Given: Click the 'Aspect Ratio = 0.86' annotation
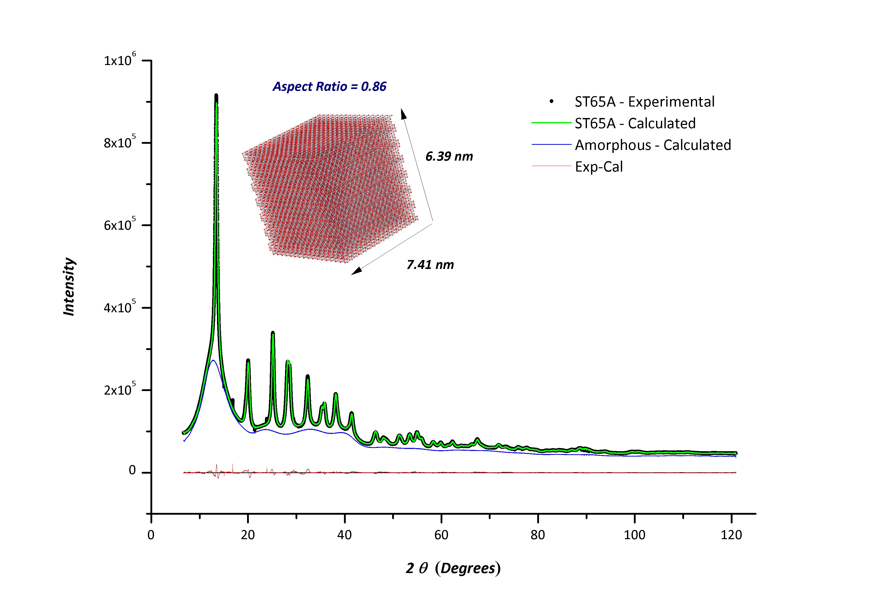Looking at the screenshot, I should [x=329, y=87].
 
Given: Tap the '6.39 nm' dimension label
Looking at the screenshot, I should [x=449, y=157].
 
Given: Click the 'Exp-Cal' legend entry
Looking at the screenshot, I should [x=599, y=167].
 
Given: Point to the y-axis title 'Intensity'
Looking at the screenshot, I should [x=69, y=287].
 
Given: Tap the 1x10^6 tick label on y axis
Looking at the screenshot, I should [x=119, y=60].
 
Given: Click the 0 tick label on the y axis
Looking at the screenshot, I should [x=132, y=470].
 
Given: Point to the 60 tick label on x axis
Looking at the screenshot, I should [x=441, y=535].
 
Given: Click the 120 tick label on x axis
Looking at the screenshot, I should [x=731, y=535].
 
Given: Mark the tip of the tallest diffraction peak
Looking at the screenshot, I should [x=216, y=95].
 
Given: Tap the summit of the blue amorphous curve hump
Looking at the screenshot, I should [x=213, y=360].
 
